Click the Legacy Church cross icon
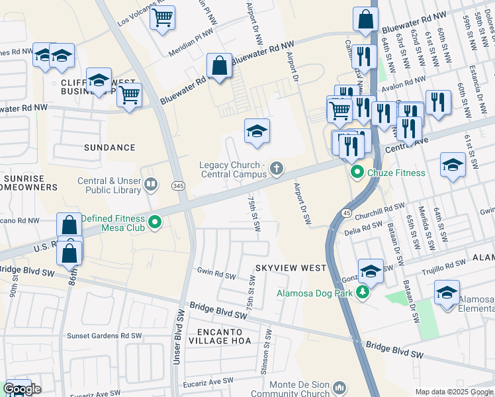276,170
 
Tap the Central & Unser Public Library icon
152,184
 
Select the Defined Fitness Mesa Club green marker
155,222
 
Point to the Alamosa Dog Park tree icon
362,292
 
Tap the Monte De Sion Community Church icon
339,386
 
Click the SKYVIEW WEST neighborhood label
291,267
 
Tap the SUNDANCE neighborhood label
110,148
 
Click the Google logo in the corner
22,389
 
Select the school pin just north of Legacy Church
257,131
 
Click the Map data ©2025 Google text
454,392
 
